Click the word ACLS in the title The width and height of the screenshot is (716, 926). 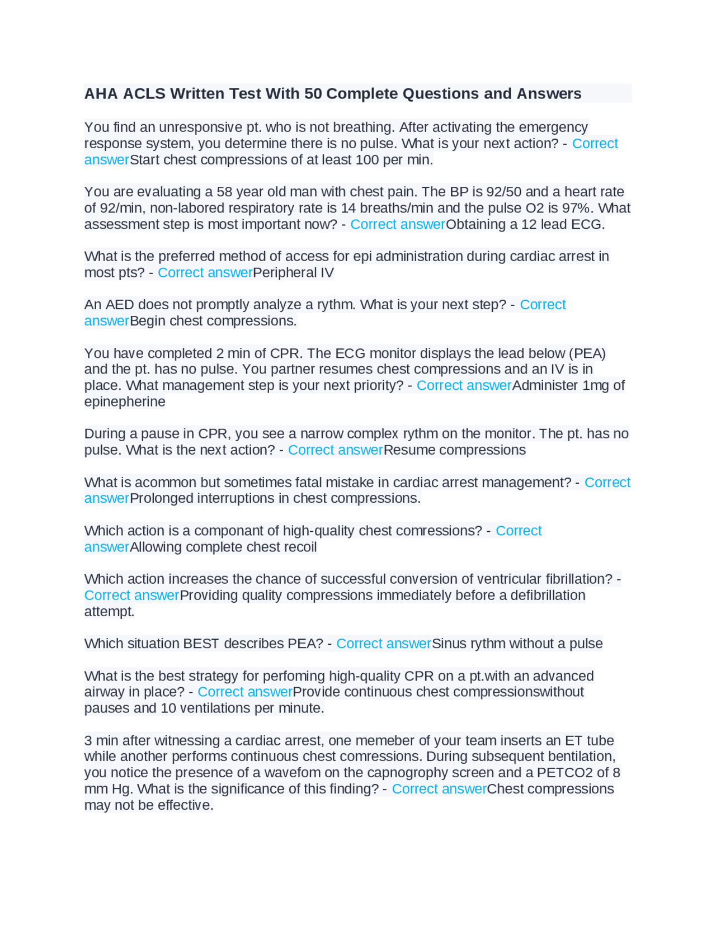tap(144, 93)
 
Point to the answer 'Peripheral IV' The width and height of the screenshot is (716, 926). tap(293, 273)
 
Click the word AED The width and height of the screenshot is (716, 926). tap(120, 305)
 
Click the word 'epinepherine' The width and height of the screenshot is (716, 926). tap(125, 401)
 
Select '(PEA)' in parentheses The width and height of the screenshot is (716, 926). tap(587, 353)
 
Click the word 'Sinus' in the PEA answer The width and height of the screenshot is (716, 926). tap(449, 644)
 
